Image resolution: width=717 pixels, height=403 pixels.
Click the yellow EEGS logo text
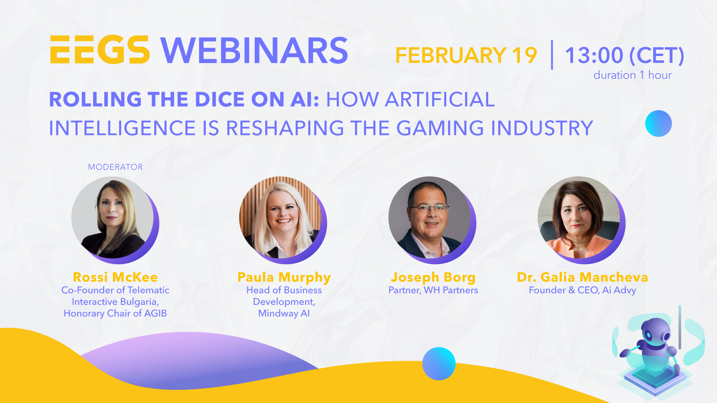pyautogui.click(x=100, y=50)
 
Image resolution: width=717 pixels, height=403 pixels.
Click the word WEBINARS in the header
pyautogui.click(x=254, y=51)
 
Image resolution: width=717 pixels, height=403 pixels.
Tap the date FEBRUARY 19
pyautogui.click(x=466, y=56)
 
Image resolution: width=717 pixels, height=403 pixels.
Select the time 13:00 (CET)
pyautogui.click(x=624, y=56)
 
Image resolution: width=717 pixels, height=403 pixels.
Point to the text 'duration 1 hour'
pyautogui.click(x=632, y=75)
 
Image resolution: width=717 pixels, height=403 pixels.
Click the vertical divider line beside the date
pyautogui.click(x=552, y=55)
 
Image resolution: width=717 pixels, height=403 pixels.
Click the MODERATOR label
pyautogui.click(x=115, y=167)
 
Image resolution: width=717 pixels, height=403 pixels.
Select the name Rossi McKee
pyautogui.click(x=115, y=277)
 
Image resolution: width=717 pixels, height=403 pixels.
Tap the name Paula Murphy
pyautogui.click(x=284, y=277)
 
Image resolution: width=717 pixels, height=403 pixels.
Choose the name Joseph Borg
pyautogui.click(x=433, y=277)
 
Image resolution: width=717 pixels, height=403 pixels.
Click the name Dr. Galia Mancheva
pyautogui.click(x=582, y=277)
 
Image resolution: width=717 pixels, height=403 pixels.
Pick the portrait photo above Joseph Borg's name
pyautogui.click(x=430, y=218)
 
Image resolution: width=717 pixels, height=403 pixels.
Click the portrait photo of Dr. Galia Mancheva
pyautogui.click(x=579, y=218)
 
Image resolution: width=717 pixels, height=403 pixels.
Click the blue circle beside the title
pyautogui.click(x=658, y=124)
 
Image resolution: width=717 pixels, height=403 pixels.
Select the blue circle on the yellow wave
pyautogui.click(x=439, y=363)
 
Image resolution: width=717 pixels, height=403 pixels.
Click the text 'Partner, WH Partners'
pyautogui.click(x=433, y=290)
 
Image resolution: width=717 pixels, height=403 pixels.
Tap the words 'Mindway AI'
pyautogui.click(x=284, y=313)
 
